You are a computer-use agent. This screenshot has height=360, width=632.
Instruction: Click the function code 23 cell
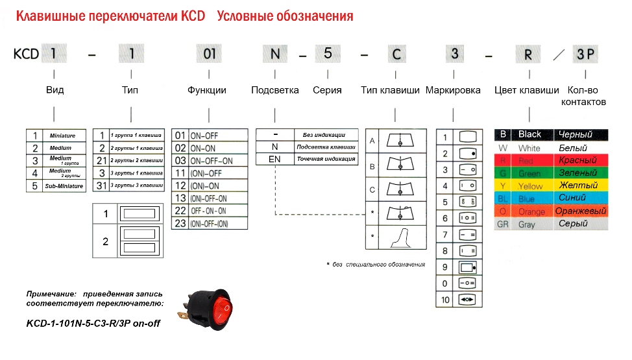[x=180, y=223]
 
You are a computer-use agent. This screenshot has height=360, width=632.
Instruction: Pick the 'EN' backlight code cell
[x=274, y=158]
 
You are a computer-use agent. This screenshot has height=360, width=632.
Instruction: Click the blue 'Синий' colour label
[x=572, y=198]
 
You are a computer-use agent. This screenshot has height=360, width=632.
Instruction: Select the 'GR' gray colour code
[x=502, y=224]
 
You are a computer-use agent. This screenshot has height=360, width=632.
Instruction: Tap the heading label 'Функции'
[x=207, y=91]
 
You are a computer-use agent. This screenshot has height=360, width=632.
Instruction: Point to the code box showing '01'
[x=210, y=54]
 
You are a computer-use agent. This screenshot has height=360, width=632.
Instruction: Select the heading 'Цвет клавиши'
[x=526, y=91]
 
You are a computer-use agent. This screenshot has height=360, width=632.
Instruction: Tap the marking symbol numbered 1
[x=467, y=137]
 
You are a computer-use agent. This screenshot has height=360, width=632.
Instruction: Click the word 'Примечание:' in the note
[x=49, y=294]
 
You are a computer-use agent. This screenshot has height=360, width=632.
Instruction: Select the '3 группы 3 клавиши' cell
[x=136, y=186]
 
